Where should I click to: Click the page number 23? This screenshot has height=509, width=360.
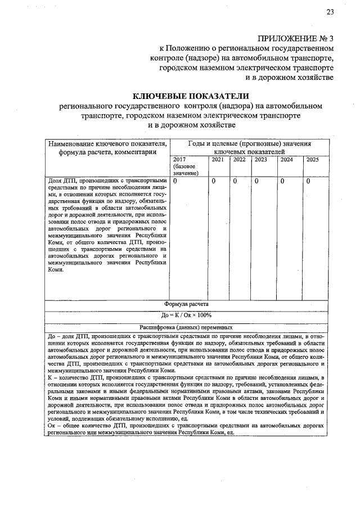click(330, 12)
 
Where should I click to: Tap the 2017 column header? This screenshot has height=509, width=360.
click(180, 160)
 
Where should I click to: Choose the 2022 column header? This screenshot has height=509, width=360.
click(239, 160)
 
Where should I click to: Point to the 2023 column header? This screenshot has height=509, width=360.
click(260, 160)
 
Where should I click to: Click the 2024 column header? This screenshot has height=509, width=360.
click(287, 160)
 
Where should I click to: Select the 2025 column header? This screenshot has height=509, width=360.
click(313, 160)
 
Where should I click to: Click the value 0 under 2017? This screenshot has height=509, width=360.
click(176, 181)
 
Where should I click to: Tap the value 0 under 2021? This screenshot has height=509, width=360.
click(214, 181)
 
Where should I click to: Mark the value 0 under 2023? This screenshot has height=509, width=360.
click(256, 181)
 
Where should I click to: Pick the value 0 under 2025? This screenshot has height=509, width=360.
click(308, 181)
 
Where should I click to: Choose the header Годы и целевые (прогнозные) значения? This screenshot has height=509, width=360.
click(249, 144)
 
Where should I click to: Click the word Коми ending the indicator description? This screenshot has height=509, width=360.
click(56, 269)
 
